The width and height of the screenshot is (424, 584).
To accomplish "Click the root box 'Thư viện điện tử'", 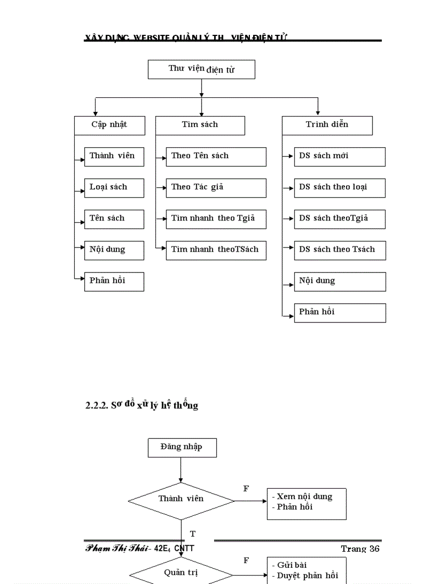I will point(201,69).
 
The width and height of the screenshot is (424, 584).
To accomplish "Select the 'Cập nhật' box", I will point(109,125).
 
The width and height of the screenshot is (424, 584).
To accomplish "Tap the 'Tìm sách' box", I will point(200,125).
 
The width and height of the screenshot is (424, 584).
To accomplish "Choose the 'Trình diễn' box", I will point(327,125).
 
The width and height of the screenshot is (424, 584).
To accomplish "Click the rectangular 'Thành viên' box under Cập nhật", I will point(114,157).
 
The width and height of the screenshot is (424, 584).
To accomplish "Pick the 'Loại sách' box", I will point(114,188).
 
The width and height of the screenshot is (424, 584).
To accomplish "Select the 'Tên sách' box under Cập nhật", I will point(114,219).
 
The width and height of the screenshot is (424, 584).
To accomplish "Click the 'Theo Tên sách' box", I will point(216,157).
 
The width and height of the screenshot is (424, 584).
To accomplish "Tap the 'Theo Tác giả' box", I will point(216,188).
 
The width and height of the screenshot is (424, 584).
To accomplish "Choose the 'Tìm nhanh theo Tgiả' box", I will point(216,219).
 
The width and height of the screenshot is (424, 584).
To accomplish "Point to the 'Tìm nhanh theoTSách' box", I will point(216,250).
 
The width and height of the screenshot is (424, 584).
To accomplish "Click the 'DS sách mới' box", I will point(339,157).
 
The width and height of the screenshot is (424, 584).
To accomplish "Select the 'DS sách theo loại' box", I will point(339,188).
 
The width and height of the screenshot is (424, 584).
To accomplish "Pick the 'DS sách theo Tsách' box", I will point(339,250).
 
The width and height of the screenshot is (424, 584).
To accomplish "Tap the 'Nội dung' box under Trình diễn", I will point(339,281).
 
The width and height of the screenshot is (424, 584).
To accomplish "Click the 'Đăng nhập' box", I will point(182,447).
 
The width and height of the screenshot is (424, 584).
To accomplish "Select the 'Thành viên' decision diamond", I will point(181,500).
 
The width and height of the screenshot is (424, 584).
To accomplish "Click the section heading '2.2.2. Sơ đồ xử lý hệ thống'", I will point(142,405).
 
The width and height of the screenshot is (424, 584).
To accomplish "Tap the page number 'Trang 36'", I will point(360,549).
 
